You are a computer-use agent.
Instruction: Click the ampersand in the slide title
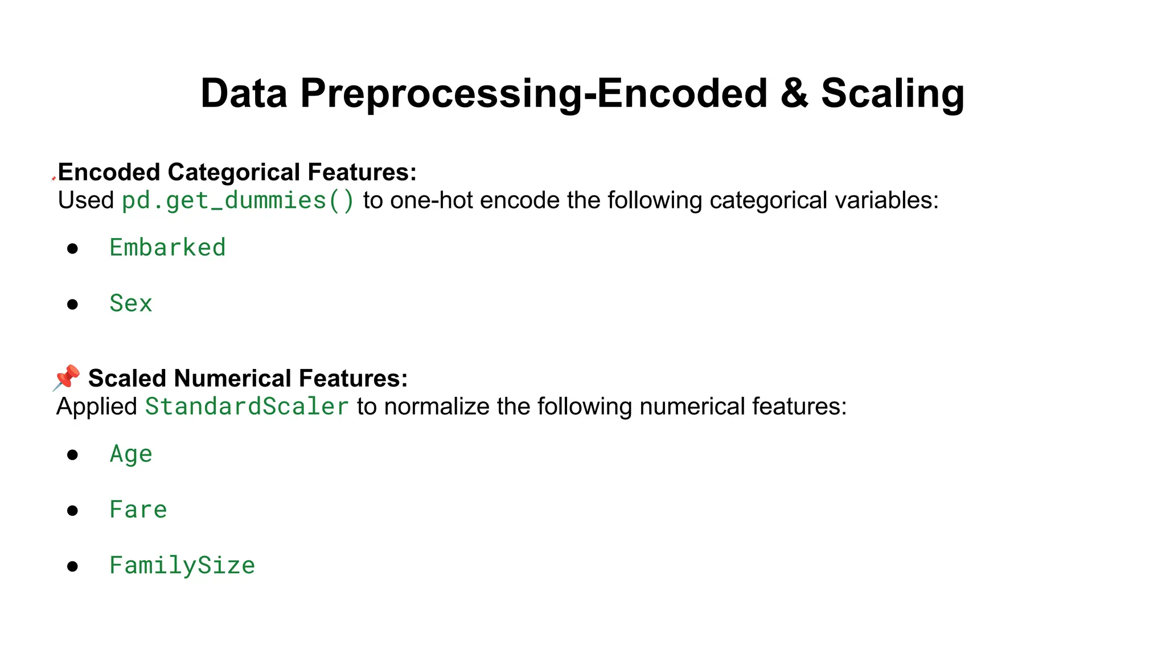[795, 93]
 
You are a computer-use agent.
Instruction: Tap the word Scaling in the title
[892, 93]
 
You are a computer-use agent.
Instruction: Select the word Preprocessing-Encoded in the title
[533, 93]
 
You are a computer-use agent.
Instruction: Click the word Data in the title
[244, 93]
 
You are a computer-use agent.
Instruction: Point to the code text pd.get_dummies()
[238, 200]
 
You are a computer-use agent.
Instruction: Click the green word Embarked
[167, 248]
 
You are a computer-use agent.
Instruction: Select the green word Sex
[131, 304]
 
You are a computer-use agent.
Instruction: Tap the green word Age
[131, 454]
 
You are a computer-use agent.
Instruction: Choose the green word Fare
[138, 510]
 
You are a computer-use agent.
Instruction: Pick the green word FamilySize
[182, 565]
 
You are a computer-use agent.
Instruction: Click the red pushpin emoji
[67, 378]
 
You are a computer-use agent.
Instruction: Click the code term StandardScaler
[247, 407]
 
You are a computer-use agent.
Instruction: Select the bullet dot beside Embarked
[72, 248]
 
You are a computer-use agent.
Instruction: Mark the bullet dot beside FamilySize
[72, 566]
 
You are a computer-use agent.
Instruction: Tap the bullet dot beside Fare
[72, 510]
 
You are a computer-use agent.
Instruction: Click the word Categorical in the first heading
[234, 172]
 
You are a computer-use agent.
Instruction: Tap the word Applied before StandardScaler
[97, 407]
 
